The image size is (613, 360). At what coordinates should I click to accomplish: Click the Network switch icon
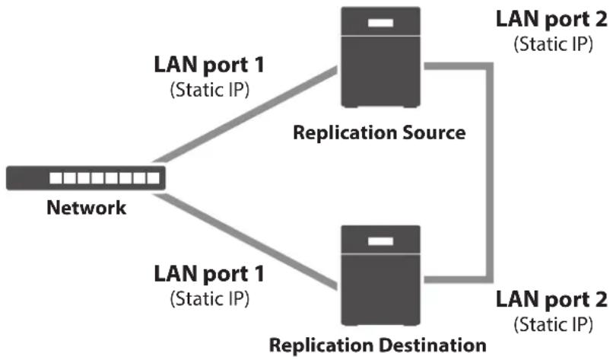coord(86,178)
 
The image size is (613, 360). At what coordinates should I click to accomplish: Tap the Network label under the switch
coord(87,207)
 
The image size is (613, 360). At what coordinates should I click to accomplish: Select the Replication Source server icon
coord(381,57)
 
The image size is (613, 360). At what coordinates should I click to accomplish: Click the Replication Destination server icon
coord(381,276)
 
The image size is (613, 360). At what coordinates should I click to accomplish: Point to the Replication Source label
coord(380,132)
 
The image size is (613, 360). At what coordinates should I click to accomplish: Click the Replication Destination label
coord(378,345)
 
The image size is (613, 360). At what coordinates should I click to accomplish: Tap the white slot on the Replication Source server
coord(380,23)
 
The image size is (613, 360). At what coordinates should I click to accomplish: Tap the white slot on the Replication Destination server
coord(380,241)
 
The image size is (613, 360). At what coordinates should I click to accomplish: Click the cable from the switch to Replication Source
coord(246,115)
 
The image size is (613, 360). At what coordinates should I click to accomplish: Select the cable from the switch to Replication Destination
coord(246,241)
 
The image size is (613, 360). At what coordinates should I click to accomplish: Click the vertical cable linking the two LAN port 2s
coord(490,173)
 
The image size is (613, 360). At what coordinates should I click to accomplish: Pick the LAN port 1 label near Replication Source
coord(209,65)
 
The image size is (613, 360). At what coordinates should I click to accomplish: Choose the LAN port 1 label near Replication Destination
coord(209,274)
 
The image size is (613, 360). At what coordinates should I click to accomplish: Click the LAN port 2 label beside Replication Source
coord(551,19)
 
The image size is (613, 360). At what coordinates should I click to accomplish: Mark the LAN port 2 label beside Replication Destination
coord(551,300)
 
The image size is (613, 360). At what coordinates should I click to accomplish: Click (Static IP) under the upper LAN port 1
coord(210,90)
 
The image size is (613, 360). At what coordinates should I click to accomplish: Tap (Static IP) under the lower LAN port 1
coord(210,299)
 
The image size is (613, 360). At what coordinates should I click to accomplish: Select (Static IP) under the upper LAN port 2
coord(553,44)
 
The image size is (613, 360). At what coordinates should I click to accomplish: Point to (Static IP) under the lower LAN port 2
coord(553,324)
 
